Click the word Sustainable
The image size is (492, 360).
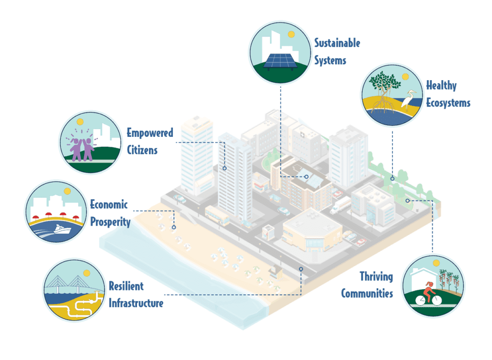[x=337, y=43]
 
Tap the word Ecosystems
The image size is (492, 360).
[x=448, y=103]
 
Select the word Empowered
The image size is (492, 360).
[x=150, y=133]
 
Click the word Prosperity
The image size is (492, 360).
[x=111, y=222]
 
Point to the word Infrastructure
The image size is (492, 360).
[x=136, y=303]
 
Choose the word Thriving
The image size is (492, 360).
[x=376, y=276]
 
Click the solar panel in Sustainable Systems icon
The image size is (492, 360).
[x=280, y=61]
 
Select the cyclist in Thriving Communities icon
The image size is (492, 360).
[x=428, y=294]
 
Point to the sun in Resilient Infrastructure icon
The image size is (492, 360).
[x=86, y=273]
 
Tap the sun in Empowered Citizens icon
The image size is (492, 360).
[x=80, y=121]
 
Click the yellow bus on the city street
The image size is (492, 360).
[x=217, y=215]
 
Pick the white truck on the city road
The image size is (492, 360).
[x=340, y=205]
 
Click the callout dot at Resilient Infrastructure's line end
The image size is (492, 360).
[x=301, y=269]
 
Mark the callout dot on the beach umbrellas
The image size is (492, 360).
[x=174, y=227]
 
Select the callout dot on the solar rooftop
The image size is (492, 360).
[x=306, y=177]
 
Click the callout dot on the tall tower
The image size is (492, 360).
[x=224, y=168]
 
